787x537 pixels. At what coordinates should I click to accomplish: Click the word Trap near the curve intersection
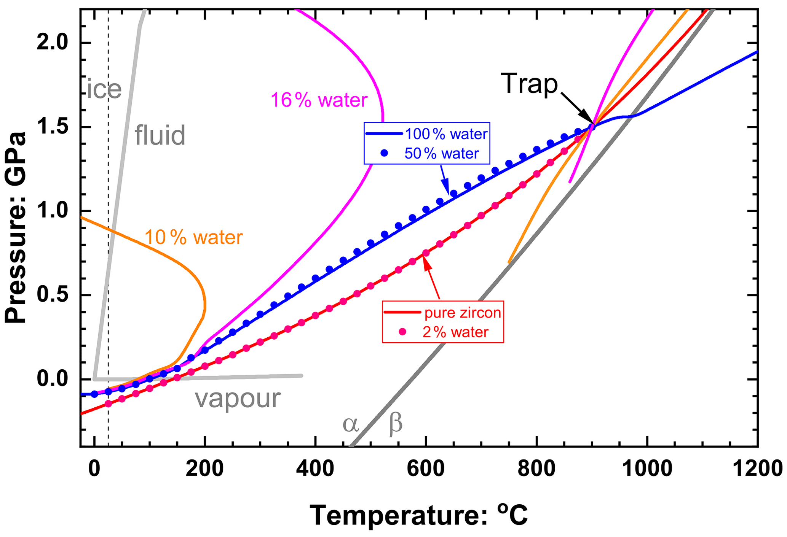pyautogui.click(x=529, y=84)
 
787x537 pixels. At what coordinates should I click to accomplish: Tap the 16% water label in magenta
pyautogui.click(x=319, y=100)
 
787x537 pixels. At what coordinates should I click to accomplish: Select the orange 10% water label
pyautogui.click(x=194, y=238)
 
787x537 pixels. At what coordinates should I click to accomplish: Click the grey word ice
pyautogui.click(x=104, y=90)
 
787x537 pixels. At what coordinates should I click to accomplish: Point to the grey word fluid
pyautogui.click(x=160, y=135)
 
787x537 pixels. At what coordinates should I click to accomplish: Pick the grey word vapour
pyautogui.click(x=238, y=399)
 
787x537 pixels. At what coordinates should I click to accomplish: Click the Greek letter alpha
pyautogui.click(x=350, y=424)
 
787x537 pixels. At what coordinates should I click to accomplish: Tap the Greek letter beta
pyautogui.click(x=396, y=424)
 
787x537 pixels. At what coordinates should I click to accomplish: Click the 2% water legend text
pyautogui.click(x=455, y=332)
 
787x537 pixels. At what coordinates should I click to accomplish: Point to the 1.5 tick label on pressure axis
pyautogui.click(x=53, y=127)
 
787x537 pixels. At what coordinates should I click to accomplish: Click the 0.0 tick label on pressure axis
pyautogui.click(x=53, y=379)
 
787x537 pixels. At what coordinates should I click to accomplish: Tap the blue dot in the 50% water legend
pyautogui.click(x=384, y=153)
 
